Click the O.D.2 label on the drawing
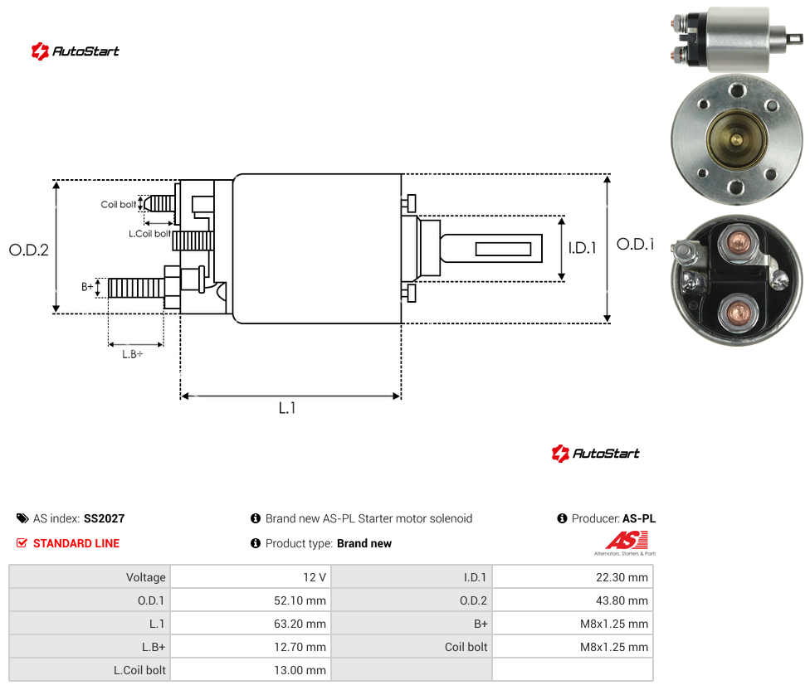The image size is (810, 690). click(29, 250)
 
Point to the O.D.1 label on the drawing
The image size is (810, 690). click(636, 244)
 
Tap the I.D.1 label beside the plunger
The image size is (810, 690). click(583, 248)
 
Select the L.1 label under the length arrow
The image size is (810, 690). click(287, 408)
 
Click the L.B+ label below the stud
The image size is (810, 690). click(133, 354)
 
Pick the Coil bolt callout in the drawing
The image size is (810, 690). click(119, 204)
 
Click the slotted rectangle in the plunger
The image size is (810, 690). click(503, 250)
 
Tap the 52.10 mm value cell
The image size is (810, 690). click(300, 600)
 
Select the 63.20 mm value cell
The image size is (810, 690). click(300, 624)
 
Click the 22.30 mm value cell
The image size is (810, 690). click(622, 577)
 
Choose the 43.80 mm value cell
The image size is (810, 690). click(622, 600)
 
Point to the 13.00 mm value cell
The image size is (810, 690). click(300, 670)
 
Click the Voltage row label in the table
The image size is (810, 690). click(146, 577)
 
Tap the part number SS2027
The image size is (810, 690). click(105, 518)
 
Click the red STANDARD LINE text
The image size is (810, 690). click(76, 543)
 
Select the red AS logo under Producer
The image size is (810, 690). click(627, 541)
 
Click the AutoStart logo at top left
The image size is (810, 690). click(76, 51)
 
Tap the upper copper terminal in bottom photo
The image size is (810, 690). click(738, 241)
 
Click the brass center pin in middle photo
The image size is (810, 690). click(736, 139)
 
